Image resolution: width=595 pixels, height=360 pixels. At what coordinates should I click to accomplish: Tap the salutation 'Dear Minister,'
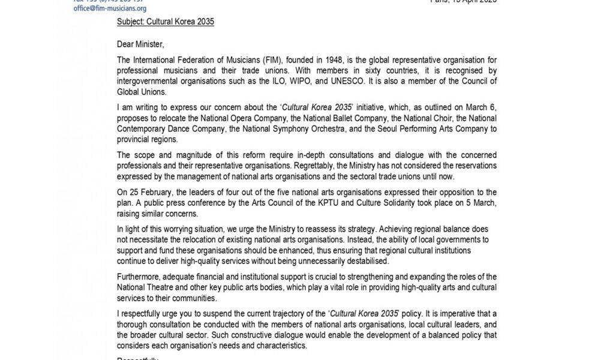point(140,43)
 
